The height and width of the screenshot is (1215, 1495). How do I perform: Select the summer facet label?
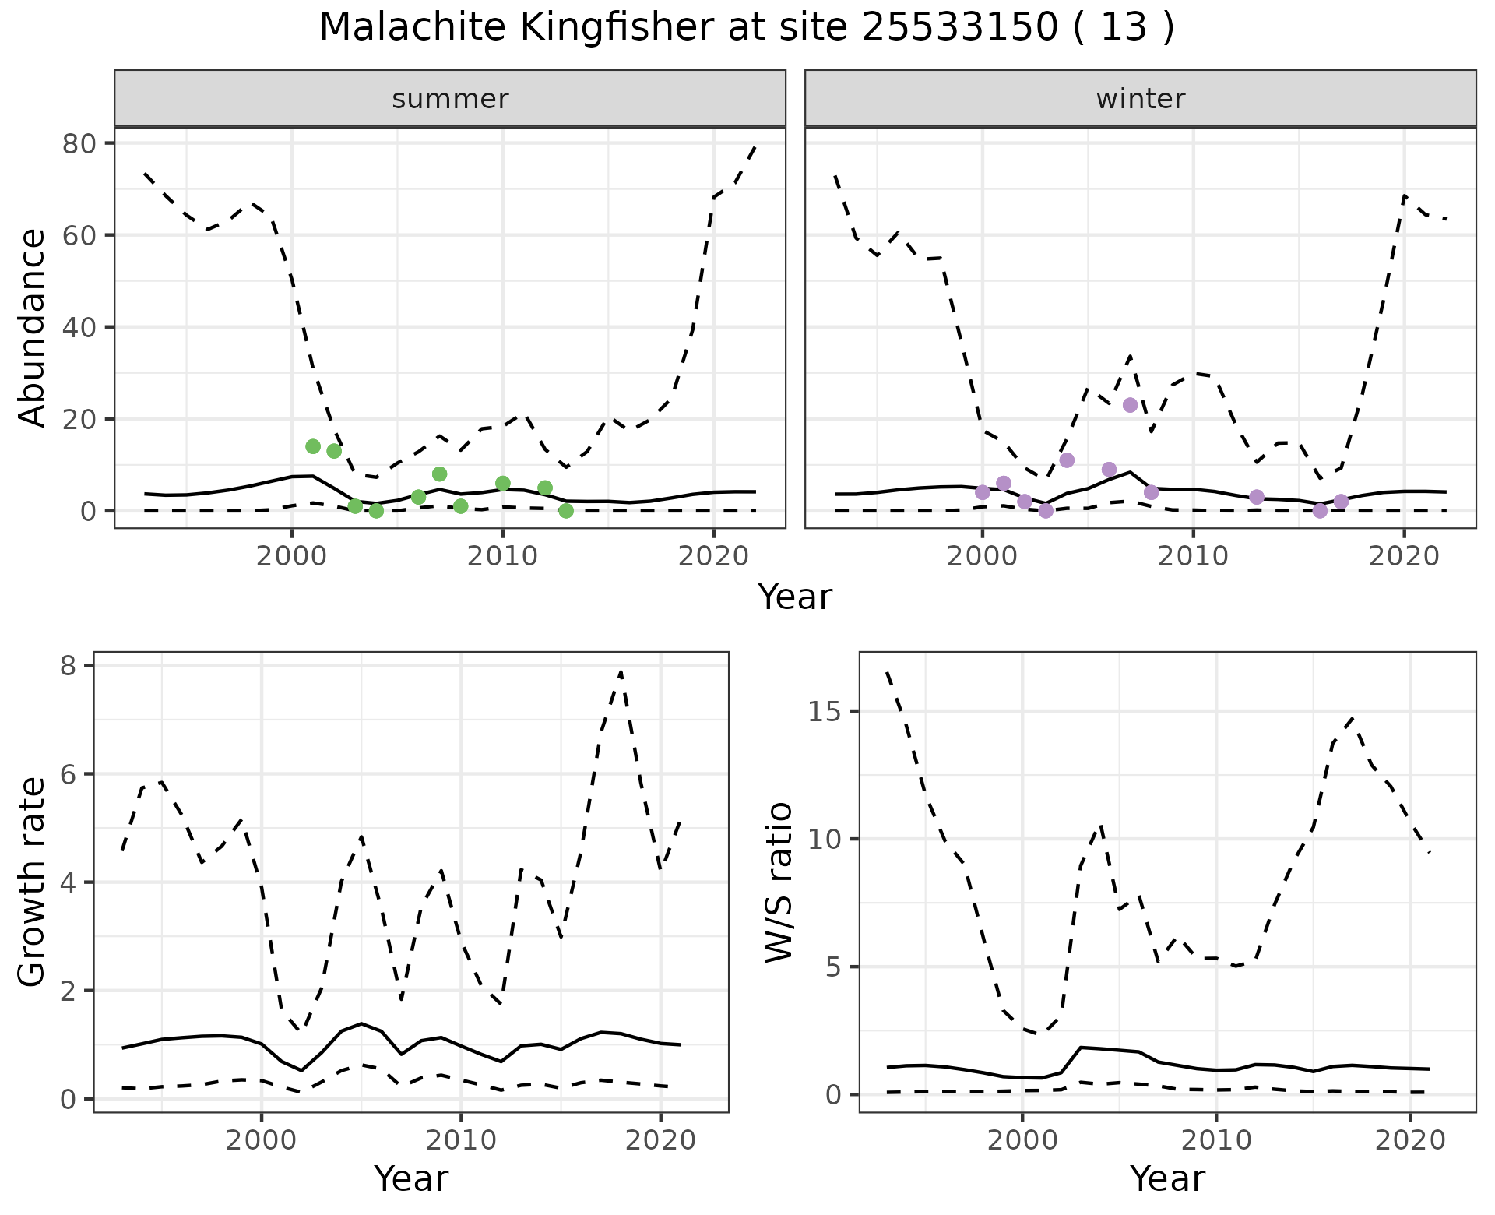[x=450, y=99]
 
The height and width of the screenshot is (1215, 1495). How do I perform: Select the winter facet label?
[x=1140, y=99]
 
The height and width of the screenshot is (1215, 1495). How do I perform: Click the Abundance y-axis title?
[x=33, y=327]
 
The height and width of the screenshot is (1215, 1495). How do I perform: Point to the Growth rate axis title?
[x=33, y=882]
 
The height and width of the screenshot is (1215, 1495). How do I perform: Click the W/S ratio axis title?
[x=779, y=882]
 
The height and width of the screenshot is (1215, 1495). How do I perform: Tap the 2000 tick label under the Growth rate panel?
[x=261, y=1140]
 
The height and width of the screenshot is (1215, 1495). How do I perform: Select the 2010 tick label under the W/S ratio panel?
[x=1215, y=1140]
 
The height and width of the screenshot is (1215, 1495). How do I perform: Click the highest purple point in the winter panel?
[x=1130, y=405]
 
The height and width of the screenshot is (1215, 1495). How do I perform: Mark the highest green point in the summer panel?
[x=313, y=446]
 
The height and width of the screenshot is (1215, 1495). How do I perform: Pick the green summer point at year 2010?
[x=502, y=483]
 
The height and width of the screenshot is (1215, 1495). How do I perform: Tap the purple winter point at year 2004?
[x=1067, y=460]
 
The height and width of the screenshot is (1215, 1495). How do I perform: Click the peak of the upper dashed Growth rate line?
[x=621, y=671]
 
